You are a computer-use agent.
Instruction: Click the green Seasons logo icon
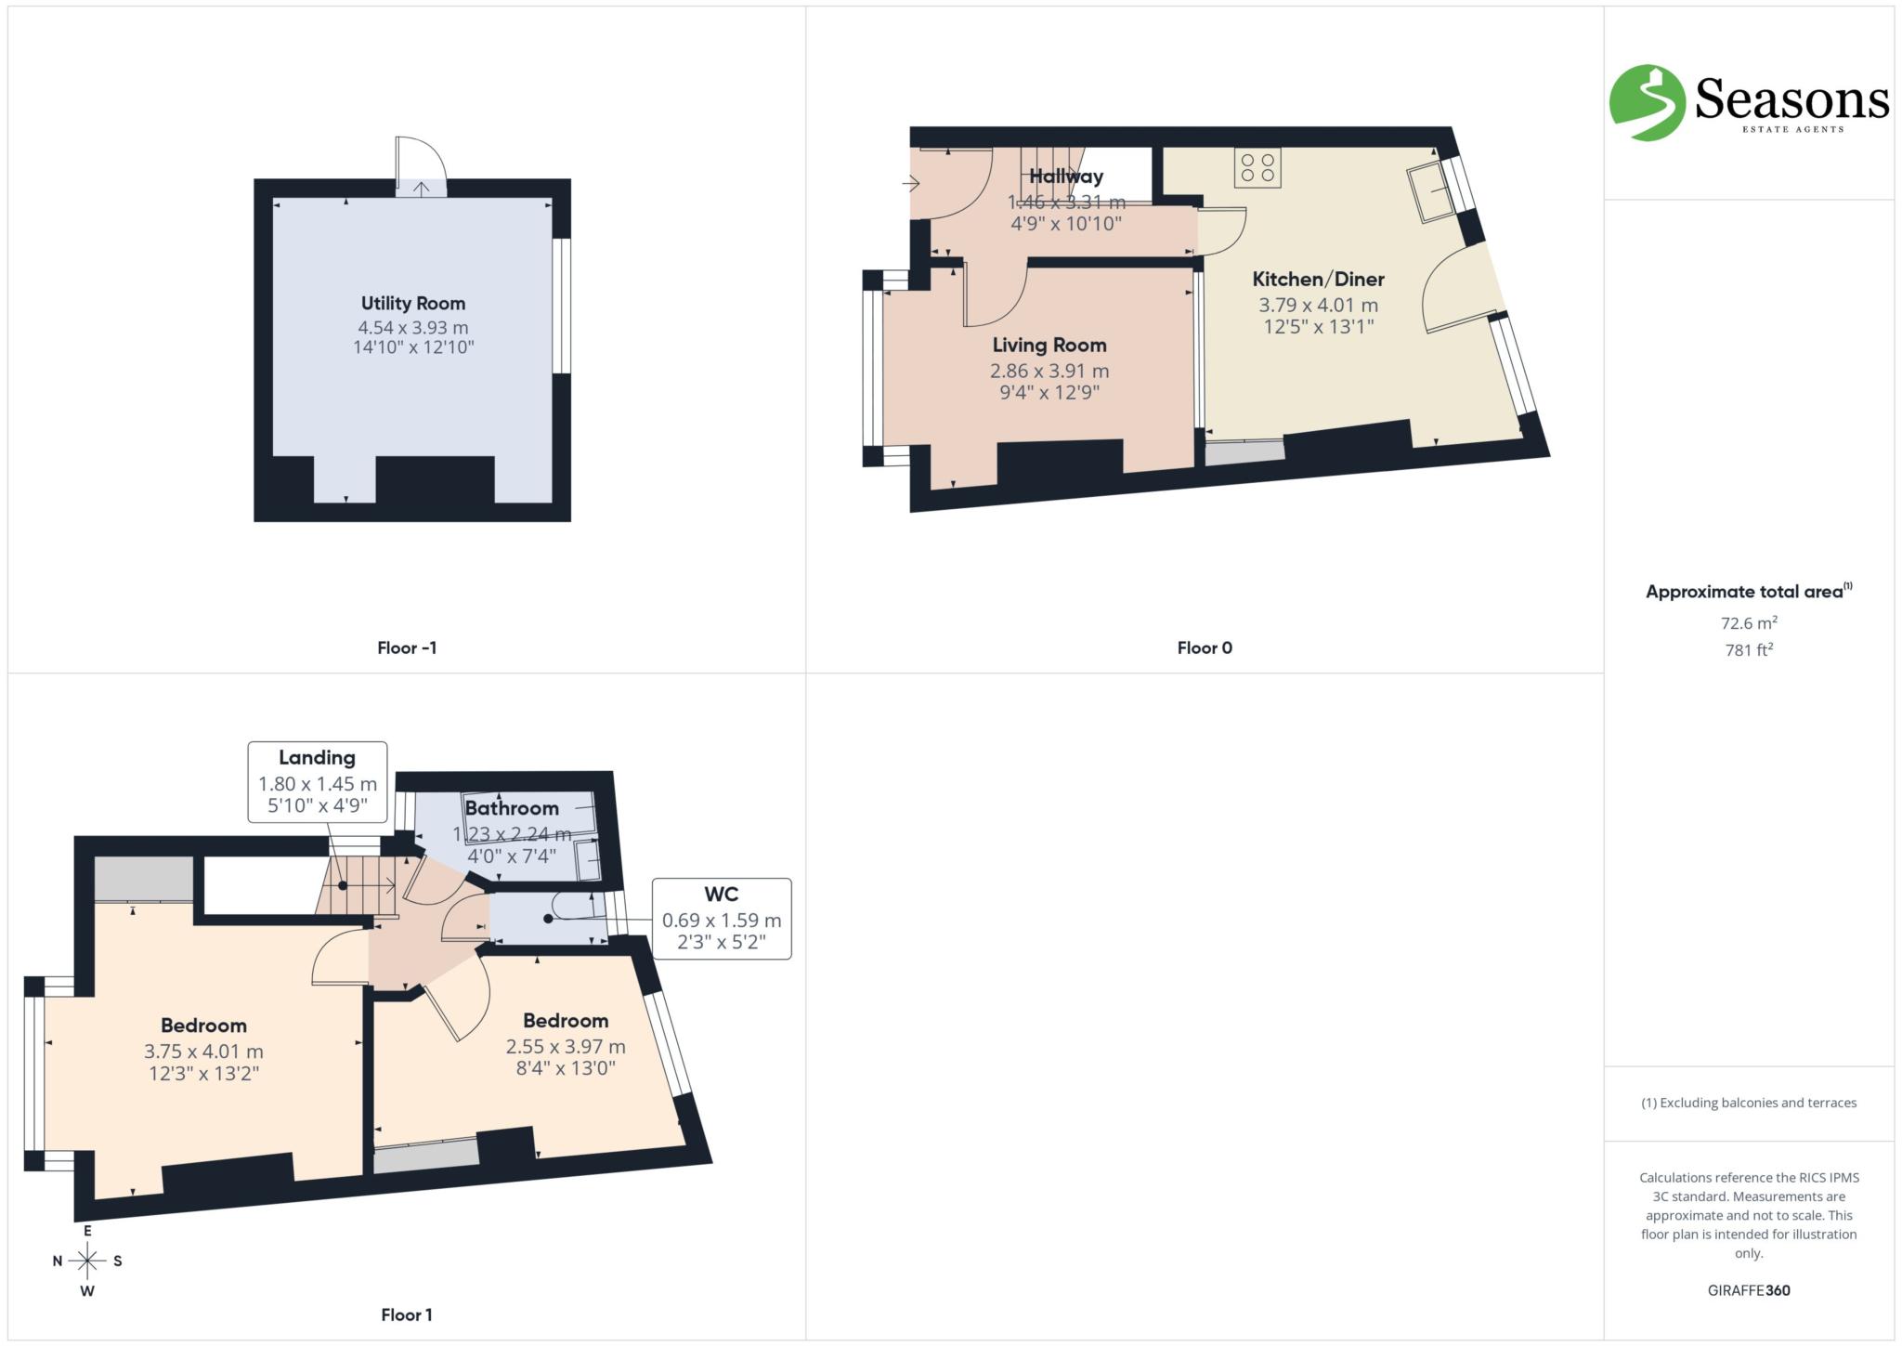pos(1647,102)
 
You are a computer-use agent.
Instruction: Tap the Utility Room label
pos(413,303)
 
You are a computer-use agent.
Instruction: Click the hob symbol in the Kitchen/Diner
pos(1257,167)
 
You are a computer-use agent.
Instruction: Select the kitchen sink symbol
pos(1431,193)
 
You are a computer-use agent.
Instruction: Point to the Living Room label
pos(1049,346)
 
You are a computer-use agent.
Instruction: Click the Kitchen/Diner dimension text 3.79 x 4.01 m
pos(1318,305)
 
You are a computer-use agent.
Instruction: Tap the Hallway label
pos(1066,176)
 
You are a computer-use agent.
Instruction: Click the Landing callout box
pos(317,781)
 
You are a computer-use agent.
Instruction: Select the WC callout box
pos(722,919)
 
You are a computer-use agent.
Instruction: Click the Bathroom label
pos(512,808)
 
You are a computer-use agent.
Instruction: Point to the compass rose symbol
pos(87,1261)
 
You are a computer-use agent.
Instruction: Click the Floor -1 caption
pos(407,647)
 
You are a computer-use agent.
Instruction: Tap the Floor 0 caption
pos(1205,647)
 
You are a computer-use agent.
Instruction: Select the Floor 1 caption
pos(407,1314)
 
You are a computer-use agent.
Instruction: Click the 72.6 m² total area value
pos(1749,623)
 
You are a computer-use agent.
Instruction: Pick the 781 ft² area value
pos(1749,650)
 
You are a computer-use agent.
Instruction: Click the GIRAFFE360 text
pos(1749,1290)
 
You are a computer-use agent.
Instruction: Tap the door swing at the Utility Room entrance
pos(421,165)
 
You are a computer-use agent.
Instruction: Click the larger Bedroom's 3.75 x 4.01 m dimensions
pos(203,1052)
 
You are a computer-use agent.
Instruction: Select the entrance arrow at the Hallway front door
pos(910,183)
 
